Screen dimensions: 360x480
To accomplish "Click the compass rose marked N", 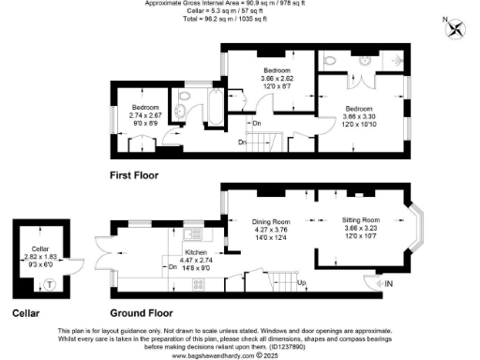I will pos(457,28).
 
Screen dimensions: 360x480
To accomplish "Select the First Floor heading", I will pos(134,175).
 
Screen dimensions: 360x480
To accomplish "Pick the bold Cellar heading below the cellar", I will pos(26,312).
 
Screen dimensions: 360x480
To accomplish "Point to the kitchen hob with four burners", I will pos(199,283).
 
